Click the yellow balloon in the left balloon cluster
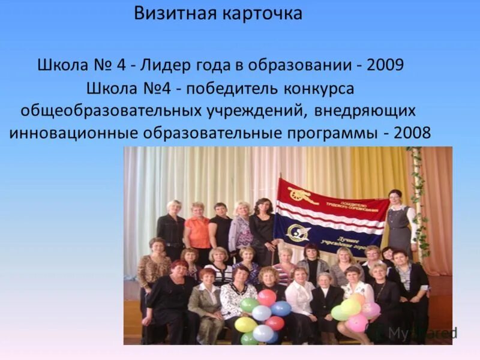coord(245,325)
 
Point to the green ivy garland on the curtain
coord(419,198)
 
